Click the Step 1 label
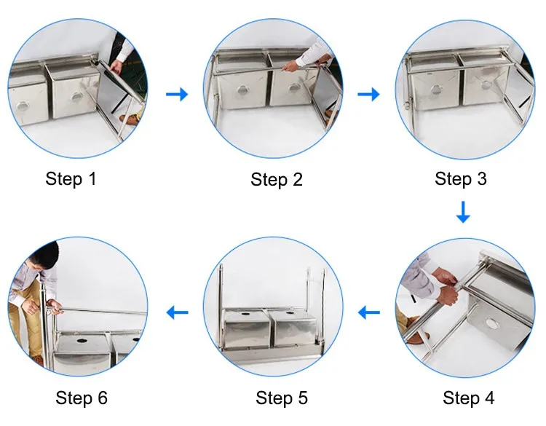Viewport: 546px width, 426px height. point(71,179)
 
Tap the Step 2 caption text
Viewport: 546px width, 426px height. point(277,180)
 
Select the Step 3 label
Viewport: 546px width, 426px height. point(461,178)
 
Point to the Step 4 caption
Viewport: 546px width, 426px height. point(468,398)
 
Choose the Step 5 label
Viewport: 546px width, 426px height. point(282,398)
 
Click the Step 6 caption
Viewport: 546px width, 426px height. point(82,398)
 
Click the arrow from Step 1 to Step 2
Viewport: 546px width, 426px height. point(177,94)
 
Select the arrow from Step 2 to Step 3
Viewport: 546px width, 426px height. point(368,94)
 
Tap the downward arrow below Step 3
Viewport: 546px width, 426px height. point(463,212)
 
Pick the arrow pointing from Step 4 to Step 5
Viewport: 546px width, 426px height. point(369,312)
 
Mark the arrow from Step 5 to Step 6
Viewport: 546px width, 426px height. point(177,312)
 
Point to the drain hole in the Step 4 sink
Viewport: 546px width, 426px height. point(491,324)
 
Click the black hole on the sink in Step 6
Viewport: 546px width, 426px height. point(82,341)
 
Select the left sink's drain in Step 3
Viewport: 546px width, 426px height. point(435,90)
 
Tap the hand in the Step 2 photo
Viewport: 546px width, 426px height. point(290,66)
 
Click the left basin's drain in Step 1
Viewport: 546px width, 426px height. point(23,106)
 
